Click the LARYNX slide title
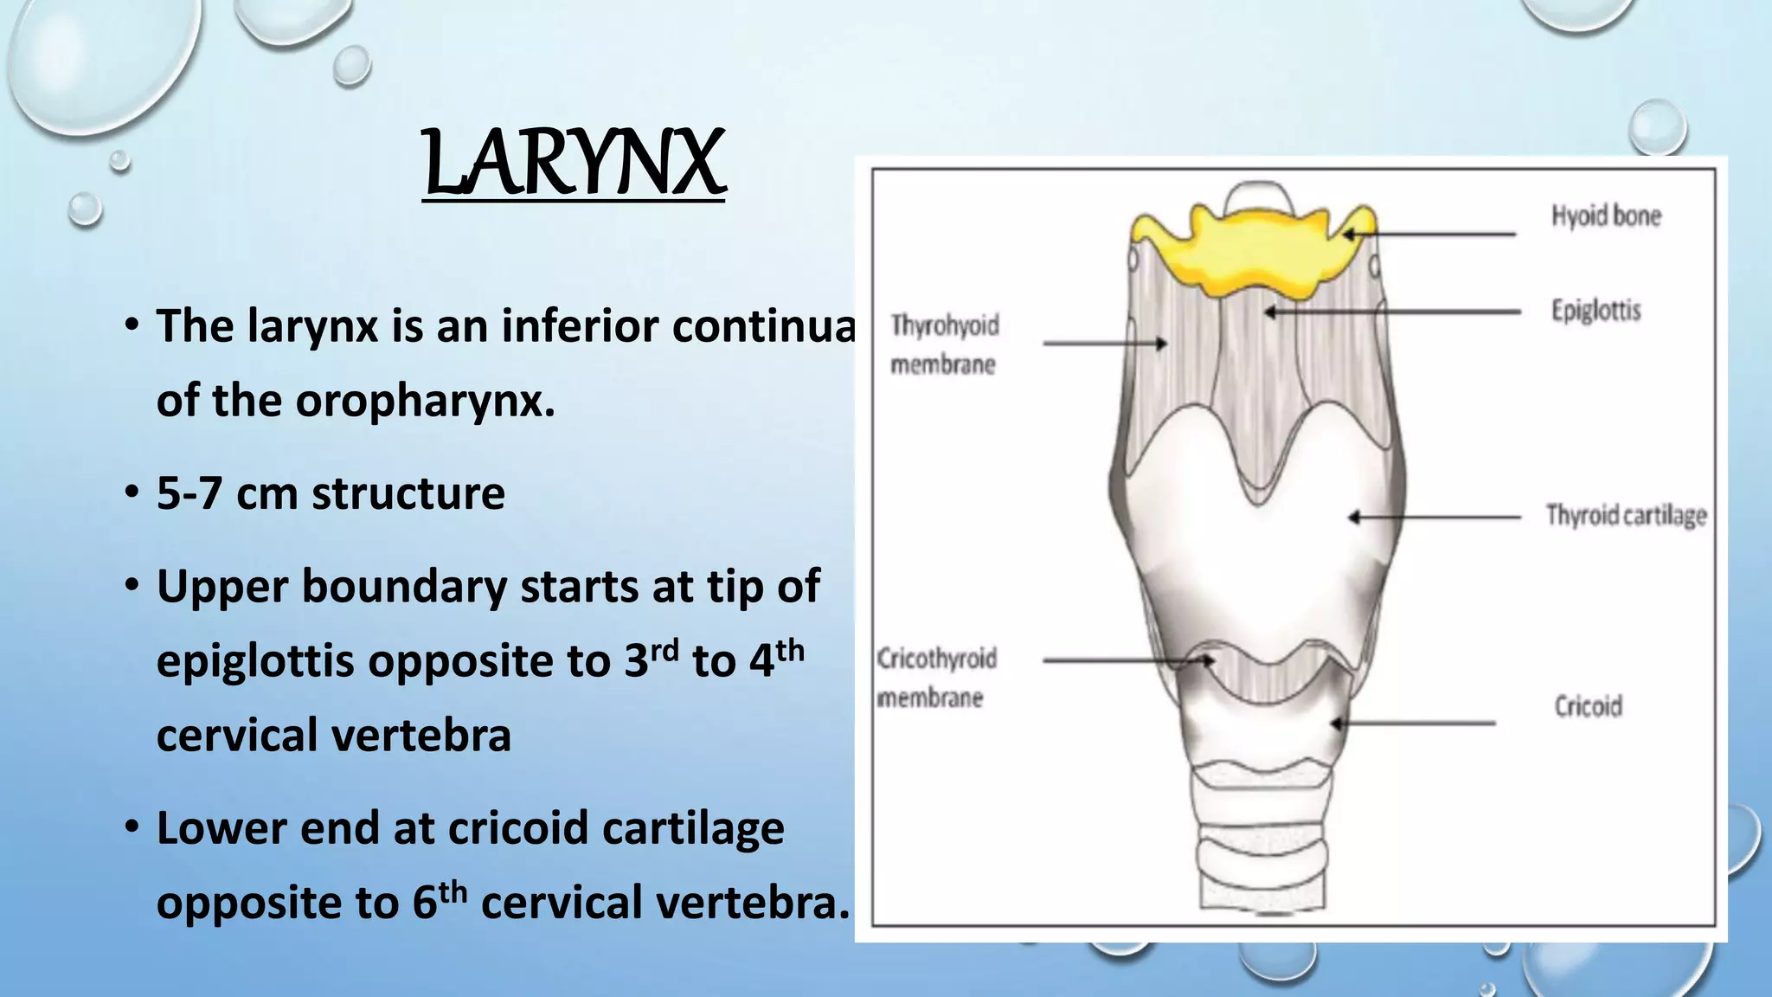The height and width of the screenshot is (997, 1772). pyautogui.click(x=574, y=163)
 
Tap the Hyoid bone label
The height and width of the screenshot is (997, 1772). pyautogui.click(x=1606, y=215)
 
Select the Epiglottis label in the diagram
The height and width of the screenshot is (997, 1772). pyautogui.click(x=1595, y=310)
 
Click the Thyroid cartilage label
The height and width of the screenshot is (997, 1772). pyautogui.click(x=1626, y=515)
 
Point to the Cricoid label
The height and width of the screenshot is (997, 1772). pyautogui.click(x=1588, y=706)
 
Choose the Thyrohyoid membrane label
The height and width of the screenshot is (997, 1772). pyautogui.click(x=944, y=344)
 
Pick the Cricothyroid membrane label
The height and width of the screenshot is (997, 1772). pyautogui.click(x=936, y=678)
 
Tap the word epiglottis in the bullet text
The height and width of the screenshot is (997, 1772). pyautogui.click(x=255, y=661)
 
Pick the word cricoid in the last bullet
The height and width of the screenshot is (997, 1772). pyautogui.click(x=518, y=828)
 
